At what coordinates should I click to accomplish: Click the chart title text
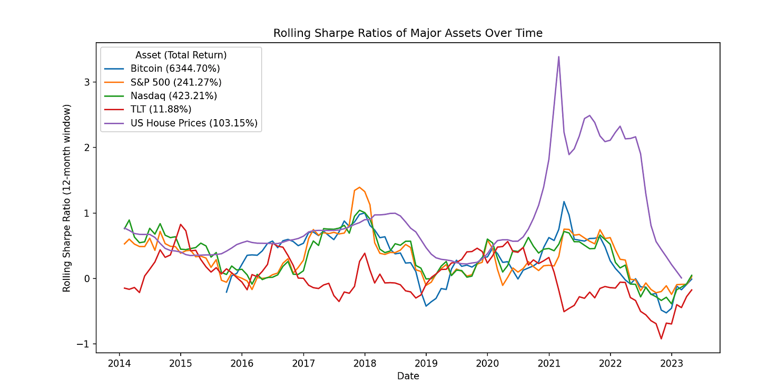point(408,33)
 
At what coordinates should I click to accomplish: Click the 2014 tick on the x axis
point(119,364)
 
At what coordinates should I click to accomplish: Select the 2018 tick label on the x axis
point(365,364)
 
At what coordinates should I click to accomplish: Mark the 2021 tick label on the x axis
point(548,364)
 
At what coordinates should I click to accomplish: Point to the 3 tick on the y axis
point(87,82)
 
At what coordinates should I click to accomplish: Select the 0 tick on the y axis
point(87,278)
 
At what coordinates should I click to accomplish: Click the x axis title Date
point(408,376)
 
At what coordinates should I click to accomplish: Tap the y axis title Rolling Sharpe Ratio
point(67,198)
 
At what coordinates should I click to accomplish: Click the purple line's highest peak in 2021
point(558,56)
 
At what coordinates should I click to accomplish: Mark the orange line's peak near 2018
point(359,187)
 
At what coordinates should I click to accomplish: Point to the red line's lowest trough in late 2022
point(661,338)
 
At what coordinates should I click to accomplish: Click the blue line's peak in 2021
point(564,201)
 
